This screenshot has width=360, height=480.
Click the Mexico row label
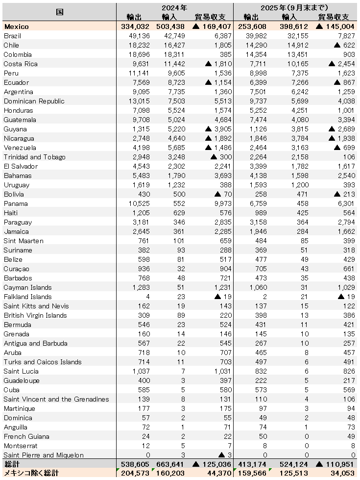[x=16, y=26]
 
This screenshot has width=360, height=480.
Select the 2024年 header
[x=174, y=8]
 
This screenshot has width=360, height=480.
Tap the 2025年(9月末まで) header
[x=295, y=8]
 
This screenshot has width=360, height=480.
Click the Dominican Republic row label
[x=34, y=101]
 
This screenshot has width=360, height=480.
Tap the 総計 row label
[x=11, y=464]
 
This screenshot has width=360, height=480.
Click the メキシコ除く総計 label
[x=31, y=473]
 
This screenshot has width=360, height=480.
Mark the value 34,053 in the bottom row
[x=342, y=473]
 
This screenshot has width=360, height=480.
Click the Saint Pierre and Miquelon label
[x=44, y=455]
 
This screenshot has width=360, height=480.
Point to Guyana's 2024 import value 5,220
[x=175, y=129]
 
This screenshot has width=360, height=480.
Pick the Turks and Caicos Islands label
[x=43, y=362]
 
